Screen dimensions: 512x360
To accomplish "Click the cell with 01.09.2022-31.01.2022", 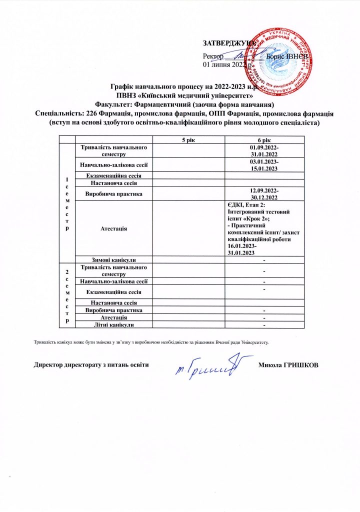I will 263,150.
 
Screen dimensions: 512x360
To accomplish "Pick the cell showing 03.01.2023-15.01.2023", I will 263,164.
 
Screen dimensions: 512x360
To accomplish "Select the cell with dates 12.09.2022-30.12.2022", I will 263,193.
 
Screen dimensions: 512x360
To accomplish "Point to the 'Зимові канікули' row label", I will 113,259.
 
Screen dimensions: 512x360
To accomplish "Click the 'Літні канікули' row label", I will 113,324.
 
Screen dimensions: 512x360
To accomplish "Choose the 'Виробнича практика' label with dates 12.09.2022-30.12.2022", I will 113,193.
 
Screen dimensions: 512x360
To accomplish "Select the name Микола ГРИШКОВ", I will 287,364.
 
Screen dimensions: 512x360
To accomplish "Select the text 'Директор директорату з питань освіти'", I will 91,364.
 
